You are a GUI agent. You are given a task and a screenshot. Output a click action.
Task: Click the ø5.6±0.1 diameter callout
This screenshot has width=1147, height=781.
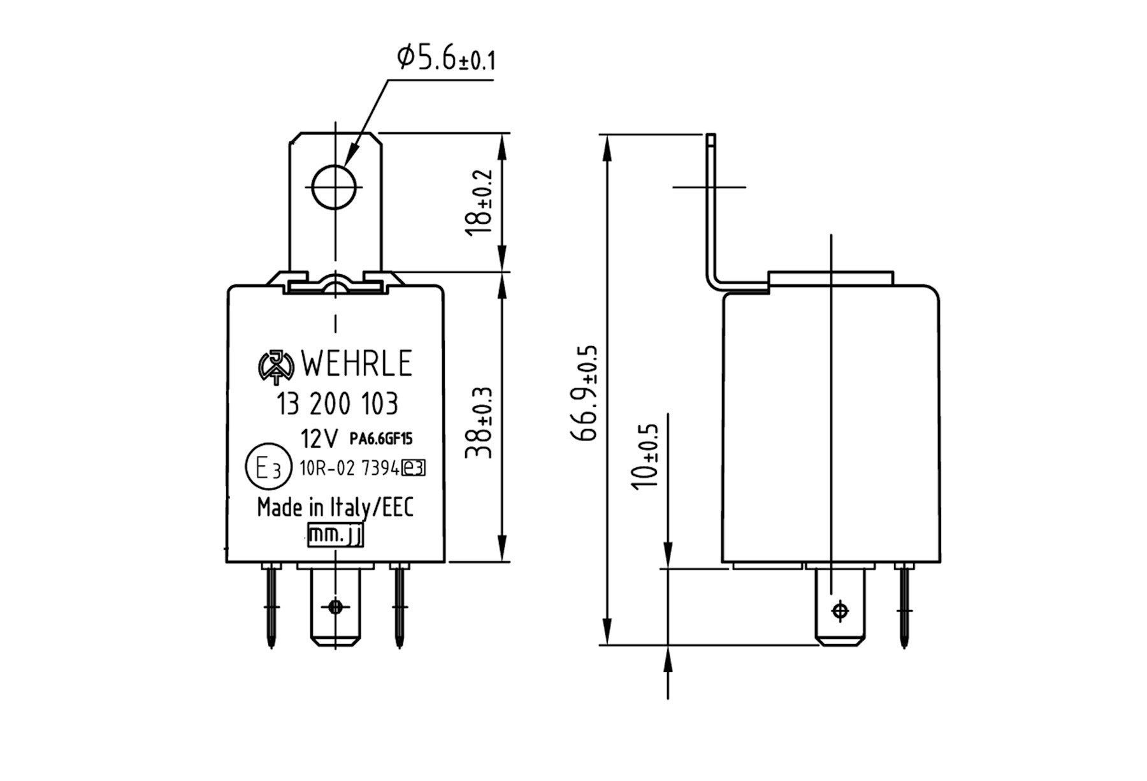click(x=446, y=59)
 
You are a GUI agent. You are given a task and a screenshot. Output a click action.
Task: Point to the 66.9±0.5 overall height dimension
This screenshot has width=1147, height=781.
click(x=586, y=393)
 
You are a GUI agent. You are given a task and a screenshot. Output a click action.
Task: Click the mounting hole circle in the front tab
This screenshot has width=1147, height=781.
click(x=335, y=186)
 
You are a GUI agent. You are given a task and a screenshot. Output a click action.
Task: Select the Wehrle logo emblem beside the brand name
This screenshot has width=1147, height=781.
click(x=275, y=367)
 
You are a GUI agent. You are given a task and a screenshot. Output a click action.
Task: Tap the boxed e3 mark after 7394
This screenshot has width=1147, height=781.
click(x=414, y=469)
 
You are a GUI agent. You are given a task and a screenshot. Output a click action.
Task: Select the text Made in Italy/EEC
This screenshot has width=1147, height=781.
click(x=335, y=507)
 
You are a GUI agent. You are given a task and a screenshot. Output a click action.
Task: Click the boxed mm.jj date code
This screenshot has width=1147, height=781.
click(x=335, y=536)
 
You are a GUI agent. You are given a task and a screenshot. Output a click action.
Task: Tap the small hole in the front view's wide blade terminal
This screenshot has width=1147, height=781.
click(x=335, y=606)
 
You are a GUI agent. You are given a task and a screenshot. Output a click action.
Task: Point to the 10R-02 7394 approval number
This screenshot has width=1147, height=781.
click(x=349, y=469)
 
